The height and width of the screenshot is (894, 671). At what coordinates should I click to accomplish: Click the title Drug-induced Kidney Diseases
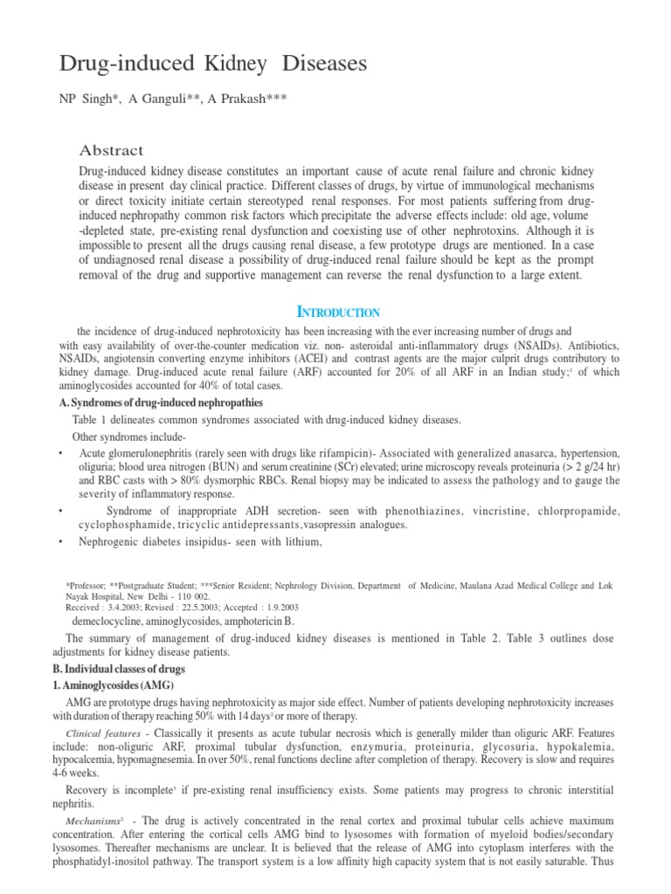(212, 64)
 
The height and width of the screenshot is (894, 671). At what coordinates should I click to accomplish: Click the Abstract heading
(112, 150)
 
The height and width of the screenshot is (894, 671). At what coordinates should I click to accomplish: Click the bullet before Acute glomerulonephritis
(59, 454)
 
